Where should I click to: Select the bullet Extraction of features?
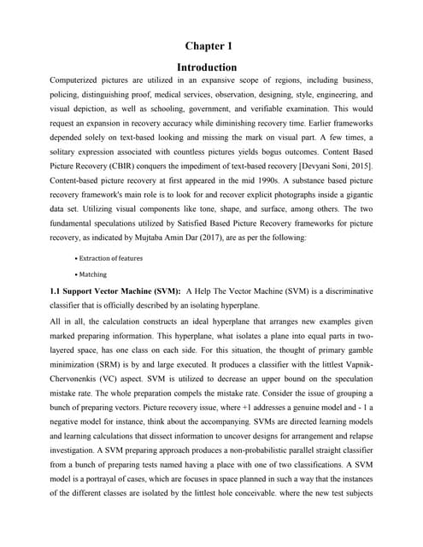pyautogui.click(x=111, y=257)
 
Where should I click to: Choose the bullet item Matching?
pyautogui.click(x=92, y=274)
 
